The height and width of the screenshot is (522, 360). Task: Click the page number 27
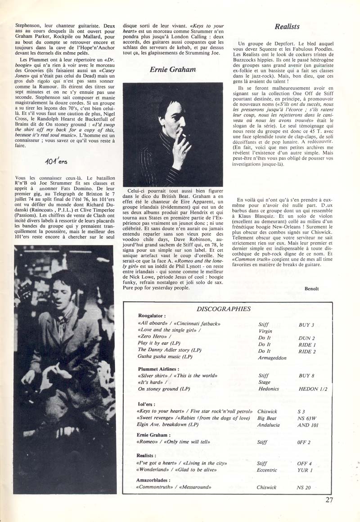(329, 499)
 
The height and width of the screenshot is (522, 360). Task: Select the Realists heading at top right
(287, 27)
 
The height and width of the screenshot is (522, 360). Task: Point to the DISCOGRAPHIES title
(224, 309)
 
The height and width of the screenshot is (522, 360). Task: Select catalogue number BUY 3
(306, 324)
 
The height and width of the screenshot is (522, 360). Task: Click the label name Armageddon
(272, 358)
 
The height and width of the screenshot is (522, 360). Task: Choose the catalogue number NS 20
(305, 487)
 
